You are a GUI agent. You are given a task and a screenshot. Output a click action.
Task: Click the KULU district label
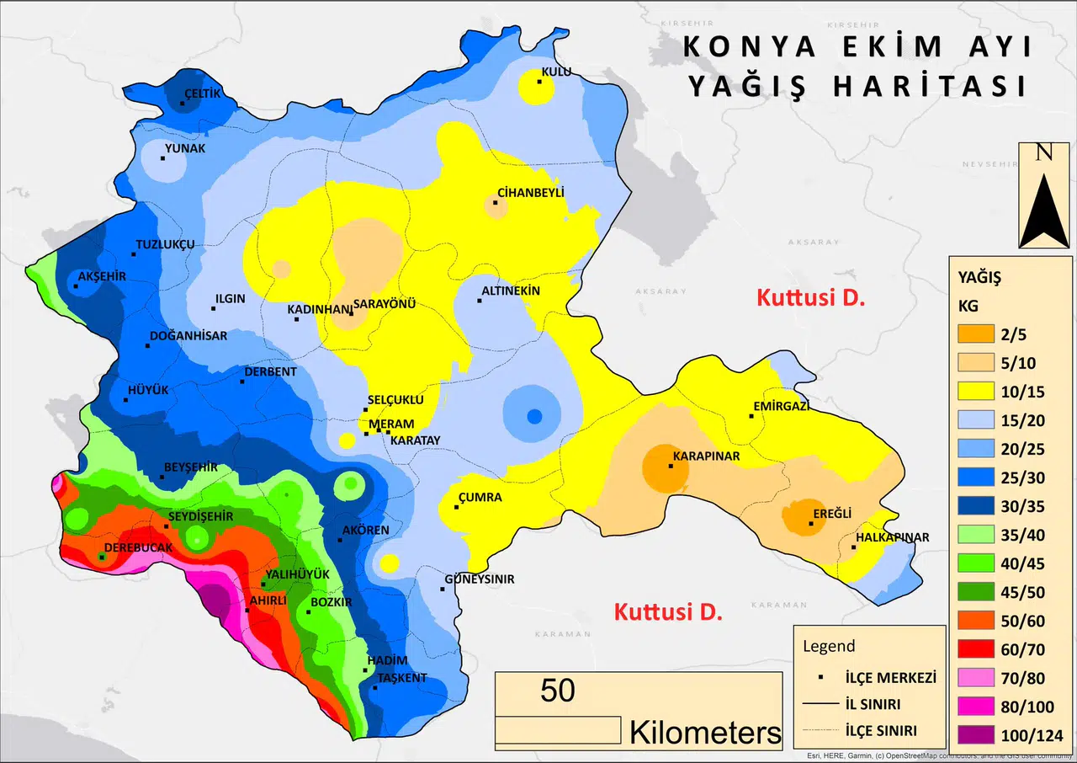coord(555,72)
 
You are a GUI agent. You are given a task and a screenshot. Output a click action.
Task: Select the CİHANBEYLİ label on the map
coord(530,192)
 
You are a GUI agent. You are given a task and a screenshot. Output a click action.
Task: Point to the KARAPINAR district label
coord(705,456)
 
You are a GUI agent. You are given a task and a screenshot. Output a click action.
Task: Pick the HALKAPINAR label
coord(892,537)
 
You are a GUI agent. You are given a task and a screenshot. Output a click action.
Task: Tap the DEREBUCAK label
coord(137,547)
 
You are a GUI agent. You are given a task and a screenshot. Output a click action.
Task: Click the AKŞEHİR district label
coord(101,276)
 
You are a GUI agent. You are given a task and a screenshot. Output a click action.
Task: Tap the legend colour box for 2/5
coord(977,333)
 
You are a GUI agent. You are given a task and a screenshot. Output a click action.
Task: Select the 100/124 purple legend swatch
coord(977,735)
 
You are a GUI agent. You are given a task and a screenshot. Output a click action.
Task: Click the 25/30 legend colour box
coord(977,477)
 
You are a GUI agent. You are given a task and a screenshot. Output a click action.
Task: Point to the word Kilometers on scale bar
coord(705,732)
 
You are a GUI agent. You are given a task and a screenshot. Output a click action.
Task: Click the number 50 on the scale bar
coord(558,691)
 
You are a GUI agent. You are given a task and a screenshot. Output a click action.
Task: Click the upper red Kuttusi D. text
coord(811,297)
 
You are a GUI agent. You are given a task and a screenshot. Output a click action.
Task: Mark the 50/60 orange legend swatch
coord(977,621)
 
